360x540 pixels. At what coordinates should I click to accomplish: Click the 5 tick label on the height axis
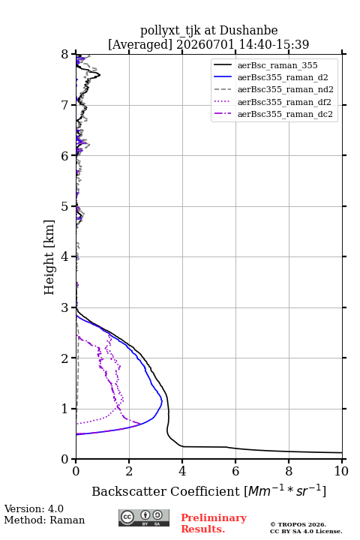65,206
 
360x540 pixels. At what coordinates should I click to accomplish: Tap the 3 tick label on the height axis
65,307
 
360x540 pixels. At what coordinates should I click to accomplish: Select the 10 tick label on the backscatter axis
341,471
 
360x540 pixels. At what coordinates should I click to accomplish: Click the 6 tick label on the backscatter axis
235,471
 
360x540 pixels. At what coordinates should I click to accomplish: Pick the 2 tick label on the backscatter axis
129,471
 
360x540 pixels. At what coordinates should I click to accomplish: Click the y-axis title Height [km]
49,257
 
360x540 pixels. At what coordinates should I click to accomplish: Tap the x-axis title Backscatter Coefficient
166,491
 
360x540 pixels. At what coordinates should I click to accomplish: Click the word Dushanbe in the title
248,31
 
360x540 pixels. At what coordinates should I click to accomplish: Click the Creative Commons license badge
144,517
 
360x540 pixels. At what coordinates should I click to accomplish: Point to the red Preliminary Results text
214,523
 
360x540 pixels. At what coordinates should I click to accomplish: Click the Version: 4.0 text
34,508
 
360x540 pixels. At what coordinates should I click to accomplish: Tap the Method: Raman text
44,520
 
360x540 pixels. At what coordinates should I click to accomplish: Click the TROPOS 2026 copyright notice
298,524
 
